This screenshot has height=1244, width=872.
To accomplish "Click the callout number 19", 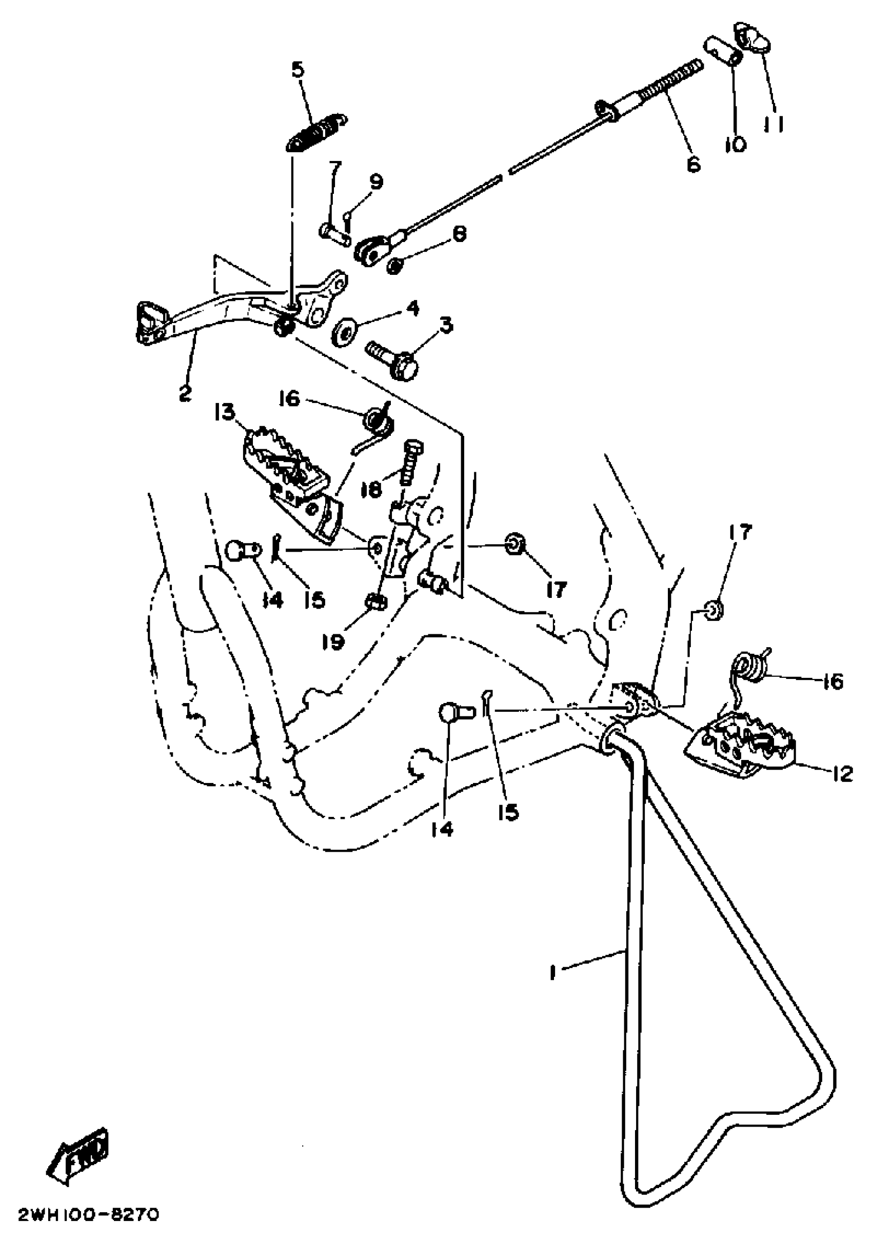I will tap(334, 641).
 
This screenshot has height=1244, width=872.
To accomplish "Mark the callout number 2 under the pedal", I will tap(185, 393).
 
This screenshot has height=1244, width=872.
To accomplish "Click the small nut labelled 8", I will tap(396, 266).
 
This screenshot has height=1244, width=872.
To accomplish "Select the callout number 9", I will tap(375, 182).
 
